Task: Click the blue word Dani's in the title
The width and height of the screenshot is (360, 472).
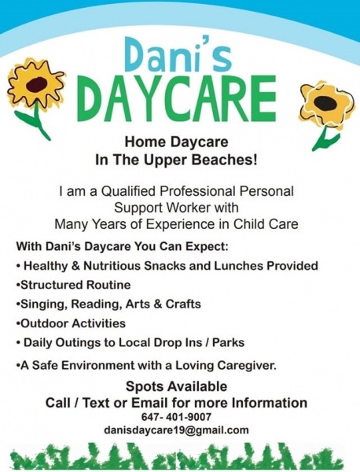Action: pos(178,54)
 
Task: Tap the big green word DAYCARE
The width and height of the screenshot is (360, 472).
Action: pos(178,98)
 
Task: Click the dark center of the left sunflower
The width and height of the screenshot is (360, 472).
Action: pos(37,84)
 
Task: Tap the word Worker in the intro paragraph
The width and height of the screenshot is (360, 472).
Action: pos(187,208)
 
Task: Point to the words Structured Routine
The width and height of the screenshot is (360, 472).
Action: pos(75,285)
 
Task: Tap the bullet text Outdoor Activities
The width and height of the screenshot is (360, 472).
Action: pos(73,323)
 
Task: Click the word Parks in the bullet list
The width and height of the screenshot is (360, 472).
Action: pos(228,342)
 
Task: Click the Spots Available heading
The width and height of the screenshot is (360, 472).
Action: pos(176,386)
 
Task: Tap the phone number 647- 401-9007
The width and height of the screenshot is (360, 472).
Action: pos(176,417)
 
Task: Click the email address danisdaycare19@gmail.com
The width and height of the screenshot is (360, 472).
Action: pos(176,430)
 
